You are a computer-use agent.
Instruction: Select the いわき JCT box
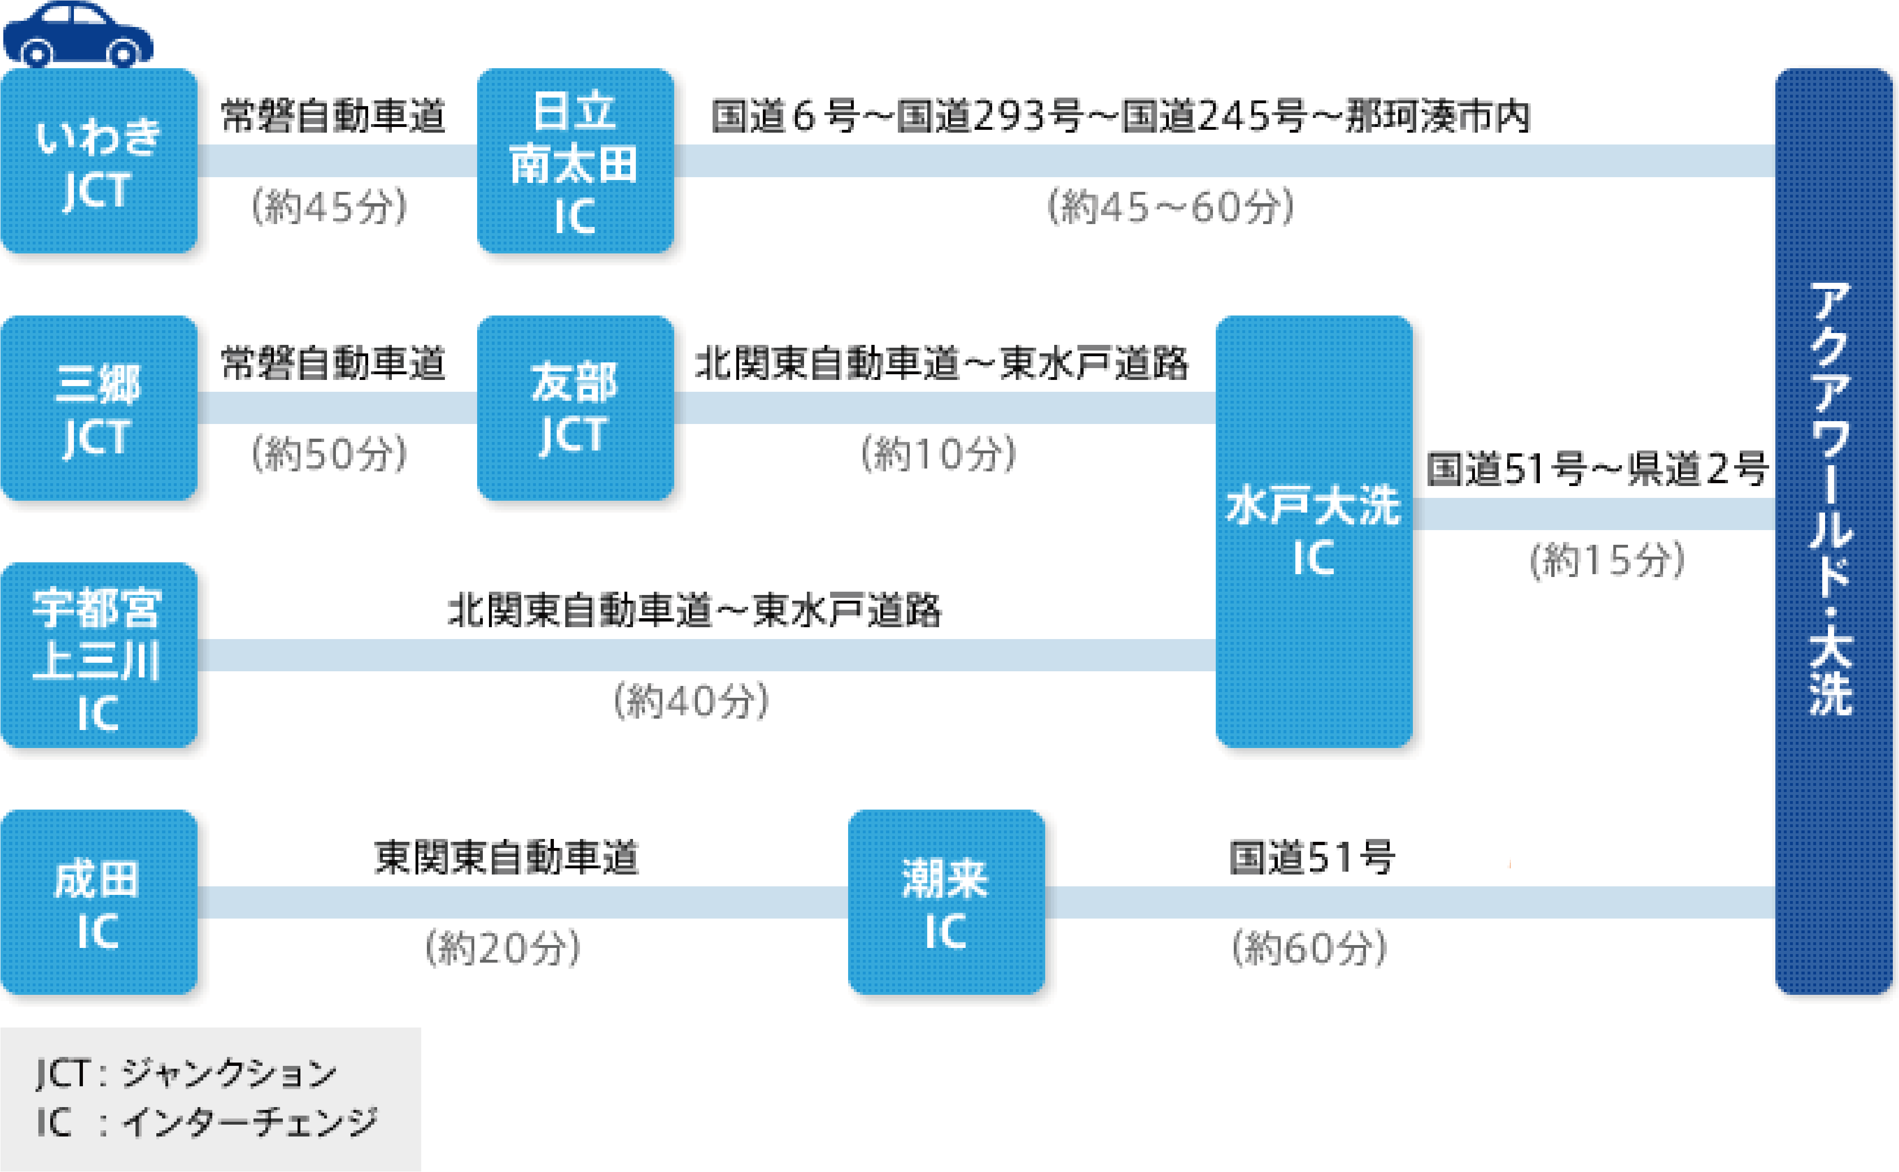coord(99,161)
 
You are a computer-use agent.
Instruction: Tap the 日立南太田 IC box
coord(574,161)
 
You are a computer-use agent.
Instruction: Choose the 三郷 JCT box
coord(99,408)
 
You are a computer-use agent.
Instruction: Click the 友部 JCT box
coord(574,408)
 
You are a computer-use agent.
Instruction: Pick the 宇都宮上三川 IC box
coord(99,656)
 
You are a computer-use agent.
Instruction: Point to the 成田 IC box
coord(99,903)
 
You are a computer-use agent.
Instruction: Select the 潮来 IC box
coord(946,903)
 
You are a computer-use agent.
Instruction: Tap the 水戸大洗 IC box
coord(1314,532)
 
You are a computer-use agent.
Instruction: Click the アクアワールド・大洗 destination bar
coord(1833,532)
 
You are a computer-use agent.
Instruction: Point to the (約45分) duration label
coord(329,207)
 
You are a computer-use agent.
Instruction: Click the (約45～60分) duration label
coord(1170,207)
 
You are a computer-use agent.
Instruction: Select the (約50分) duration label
coord(329,454)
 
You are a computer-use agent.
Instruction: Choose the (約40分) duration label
coord(691,702)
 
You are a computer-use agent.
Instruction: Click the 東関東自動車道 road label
coord(506,857)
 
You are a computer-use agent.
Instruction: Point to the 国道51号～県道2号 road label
coord(1597,470)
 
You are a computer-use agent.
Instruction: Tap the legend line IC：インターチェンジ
coord(206,1122)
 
